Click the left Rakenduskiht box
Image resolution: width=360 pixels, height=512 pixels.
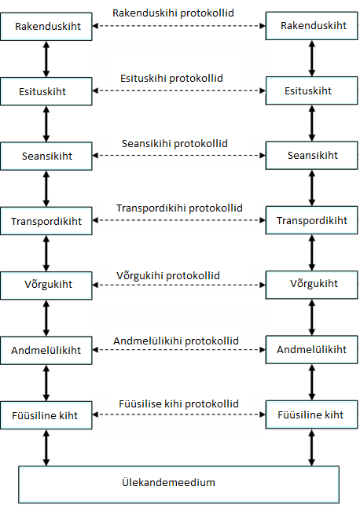point(46,27)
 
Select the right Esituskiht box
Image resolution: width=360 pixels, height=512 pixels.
point(312,90)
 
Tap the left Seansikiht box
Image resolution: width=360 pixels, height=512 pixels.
point(46,156)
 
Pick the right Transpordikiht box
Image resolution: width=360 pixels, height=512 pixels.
point(312,220)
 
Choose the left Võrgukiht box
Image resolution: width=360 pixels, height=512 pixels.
point(46,285)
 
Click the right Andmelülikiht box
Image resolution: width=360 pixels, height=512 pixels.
point(312,349)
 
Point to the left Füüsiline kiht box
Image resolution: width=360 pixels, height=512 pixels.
point(46,415)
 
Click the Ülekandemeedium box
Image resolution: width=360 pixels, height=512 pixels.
point(179,484)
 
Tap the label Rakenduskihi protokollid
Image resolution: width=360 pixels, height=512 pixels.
point(173,13)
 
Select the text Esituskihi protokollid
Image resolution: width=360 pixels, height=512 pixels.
point(171,79)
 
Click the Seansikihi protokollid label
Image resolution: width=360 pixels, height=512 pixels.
point(174,143)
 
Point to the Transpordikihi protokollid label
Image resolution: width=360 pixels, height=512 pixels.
point(179,208)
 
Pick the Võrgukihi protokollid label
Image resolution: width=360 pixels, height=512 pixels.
point(168,275)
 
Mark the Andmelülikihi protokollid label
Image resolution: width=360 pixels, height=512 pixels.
point(176,341)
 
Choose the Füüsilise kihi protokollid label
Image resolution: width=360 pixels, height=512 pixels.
point(179,404)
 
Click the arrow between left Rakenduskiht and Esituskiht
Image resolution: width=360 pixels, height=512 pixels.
point(46,59)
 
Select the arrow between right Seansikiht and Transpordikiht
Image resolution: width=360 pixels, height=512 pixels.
point(312,188)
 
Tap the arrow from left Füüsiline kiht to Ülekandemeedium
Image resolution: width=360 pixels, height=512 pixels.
point(46,448)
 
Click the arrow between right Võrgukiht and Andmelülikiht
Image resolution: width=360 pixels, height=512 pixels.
point(312,318)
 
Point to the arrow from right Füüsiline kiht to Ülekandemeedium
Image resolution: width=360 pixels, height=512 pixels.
point(312,448)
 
